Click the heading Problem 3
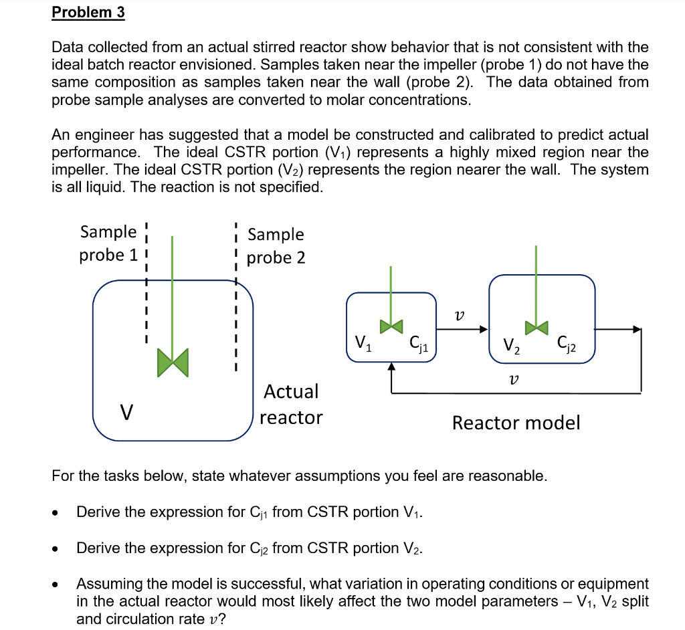coord(88,13)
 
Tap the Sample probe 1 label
coord(108,243)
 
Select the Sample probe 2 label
coord(276,245)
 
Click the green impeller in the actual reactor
coord(173,361)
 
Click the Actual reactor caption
coord(291,404)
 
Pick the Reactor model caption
coord(516,423)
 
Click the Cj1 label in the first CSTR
coord(420,344)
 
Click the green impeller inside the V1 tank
coord(391,326)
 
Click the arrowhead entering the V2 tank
coord(483,328)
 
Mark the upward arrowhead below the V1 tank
coord(391,366)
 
